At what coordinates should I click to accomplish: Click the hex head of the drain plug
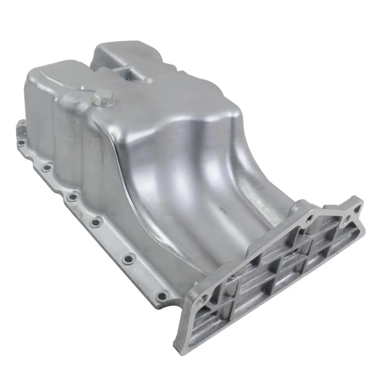click(104, 96)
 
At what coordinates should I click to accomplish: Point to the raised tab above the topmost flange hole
click(21, 126)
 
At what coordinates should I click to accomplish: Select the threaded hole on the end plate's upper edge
click(309, 218)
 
